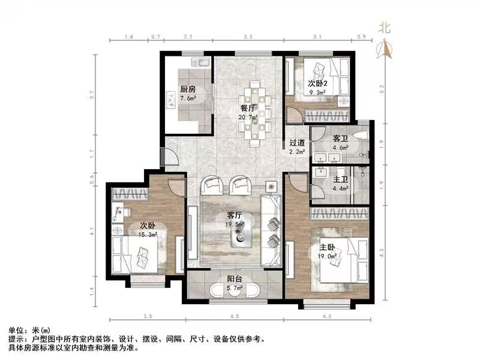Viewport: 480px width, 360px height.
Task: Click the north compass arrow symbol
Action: pyautogui.click(x=384, y=48)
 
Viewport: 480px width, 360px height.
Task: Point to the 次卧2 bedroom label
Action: pyautogui.click(x=317, y=83)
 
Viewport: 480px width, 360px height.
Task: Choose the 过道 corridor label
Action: pyautogui.click(x=297, y=143)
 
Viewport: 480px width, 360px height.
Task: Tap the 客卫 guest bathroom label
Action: pyautogui.click(x=340, y=137)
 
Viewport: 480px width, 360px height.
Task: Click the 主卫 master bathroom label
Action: pyautogui.click(x=341, y=179)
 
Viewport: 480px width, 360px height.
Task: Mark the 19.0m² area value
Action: pyautogui.click(x=327, y=256)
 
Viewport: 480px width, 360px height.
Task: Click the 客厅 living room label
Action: pyautogui.click(x=234, y=215)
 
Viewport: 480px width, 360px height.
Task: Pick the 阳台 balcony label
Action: pyautogui.click(x=234, y=278)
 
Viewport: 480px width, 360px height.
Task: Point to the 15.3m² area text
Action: pyautogui.click(x=148, y=235)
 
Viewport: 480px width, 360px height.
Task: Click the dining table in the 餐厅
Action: pyautogui.click(x=256, y=113)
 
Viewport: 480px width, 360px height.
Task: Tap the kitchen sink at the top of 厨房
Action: pyautogui.click(x=200, y=62)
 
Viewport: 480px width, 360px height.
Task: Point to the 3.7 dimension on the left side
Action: pyautogui.click(x=92, y=95)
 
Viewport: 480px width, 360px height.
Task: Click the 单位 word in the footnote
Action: pyautogui.click(x=16, y=331)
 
